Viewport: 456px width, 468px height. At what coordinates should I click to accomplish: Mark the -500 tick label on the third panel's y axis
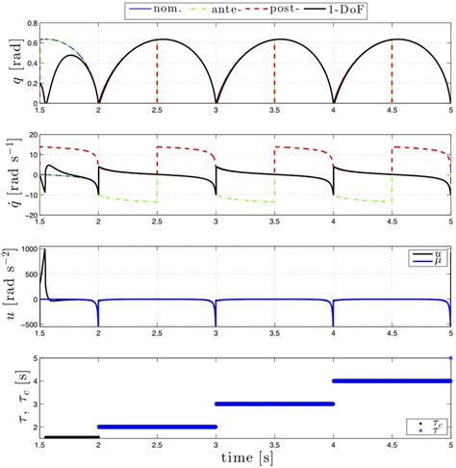(24, 325)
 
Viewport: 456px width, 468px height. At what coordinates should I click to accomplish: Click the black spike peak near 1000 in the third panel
(43, 252)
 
